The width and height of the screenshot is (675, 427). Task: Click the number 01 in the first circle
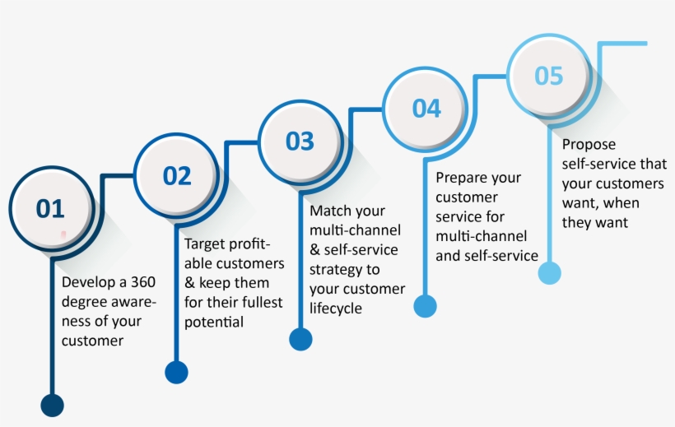(x=49, y=209)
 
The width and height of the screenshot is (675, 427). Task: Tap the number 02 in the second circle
(x=176, y=175)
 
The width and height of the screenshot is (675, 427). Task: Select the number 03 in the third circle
(x=300, y=141)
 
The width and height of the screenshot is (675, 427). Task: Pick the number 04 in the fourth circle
(x=426, y=108)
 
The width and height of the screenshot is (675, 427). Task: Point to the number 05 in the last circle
(x=548, y=76)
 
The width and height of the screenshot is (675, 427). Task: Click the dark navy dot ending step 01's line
(x=52, y=405)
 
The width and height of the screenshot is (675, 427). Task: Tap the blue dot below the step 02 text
(x=176, y=372)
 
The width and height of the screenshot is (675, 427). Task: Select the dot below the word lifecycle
(x=300, y=339)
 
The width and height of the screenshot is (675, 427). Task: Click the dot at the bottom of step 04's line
(x=425, y=306)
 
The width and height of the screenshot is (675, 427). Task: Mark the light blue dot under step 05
(x=549, y=273)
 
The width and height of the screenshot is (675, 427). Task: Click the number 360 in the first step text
(x=139, y=282)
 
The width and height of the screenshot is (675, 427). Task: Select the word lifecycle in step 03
(x=336, y=309)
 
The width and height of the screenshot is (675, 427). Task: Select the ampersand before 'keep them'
(x=189, y=283)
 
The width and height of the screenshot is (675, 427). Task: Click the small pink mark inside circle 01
(x=63, y=235)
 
